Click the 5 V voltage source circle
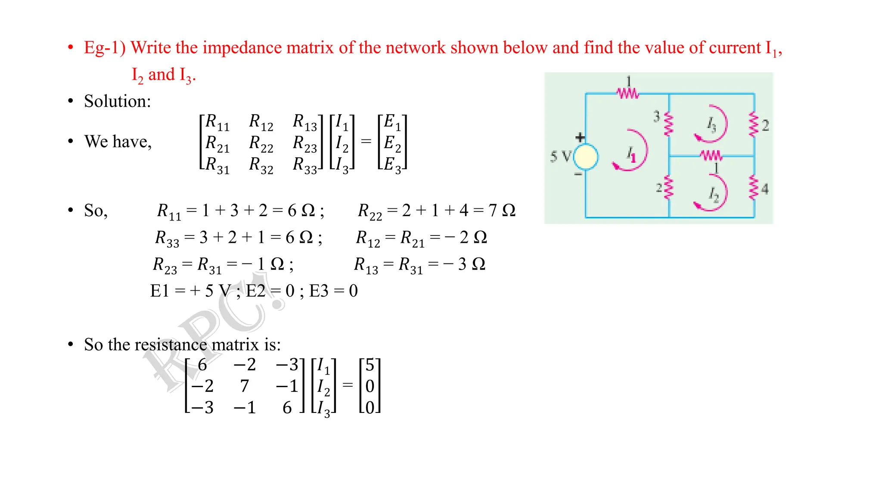pos(586,157)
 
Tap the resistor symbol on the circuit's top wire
pos(627,93)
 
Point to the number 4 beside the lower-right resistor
pos(765,189)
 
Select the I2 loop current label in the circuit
pos(714,195)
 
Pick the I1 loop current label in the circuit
pos(631,154)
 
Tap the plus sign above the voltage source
pos(580,137)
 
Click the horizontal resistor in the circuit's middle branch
pos(711,155)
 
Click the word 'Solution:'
pos(118,102)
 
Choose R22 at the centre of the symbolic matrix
pos(261,143)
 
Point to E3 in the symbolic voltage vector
pos(392,165)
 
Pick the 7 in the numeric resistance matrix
pos(245,386)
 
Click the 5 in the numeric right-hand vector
pos(370,365)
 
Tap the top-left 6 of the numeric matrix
pos(202,365)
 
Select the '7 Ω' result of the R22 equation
pos(502,211)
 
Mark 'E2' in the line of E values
pos(255,291)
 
